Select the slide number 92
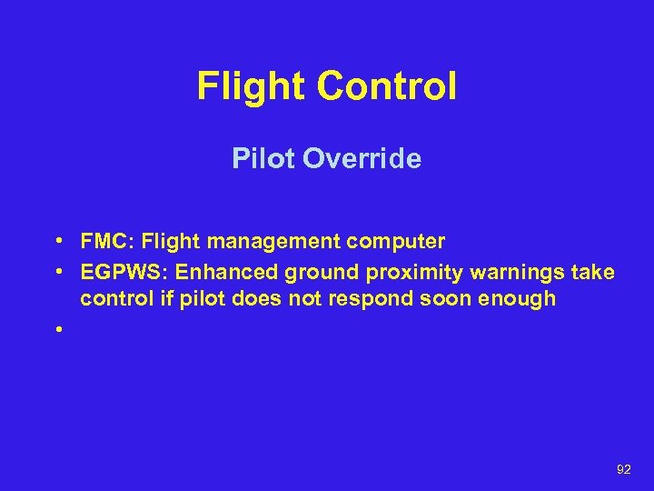coord(623,469)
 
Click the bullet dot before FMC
coord(57,242)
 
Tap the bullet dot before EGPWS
coord(57,273)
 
